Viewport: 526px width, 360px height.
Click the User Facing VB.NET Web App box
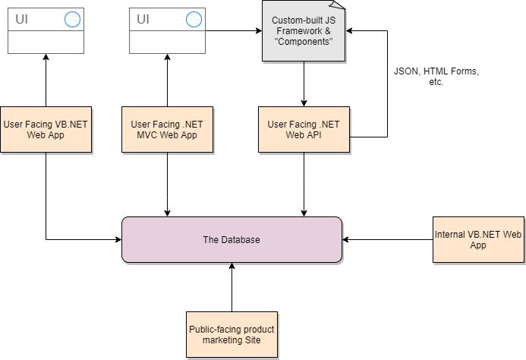pos(46,130)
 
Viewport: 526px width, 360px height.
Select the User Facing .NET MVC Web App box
pos(168,130)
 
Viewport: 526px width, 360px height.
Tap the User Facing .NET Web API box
pos(304,130)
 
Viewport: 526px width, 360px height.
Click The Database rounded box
pos(232,239)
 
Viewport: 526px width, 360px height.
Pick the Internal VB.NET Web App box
pos(478,239)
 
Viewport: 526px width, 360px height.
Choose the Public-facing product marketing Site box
pos(232,334)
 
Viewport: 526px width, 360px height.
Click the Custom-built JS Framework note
pos(304,31)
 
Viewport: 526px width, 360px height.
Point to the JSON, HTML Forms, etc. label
pos(436,76)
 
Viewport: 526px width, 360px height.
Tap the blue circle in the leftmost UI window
pos(72,19)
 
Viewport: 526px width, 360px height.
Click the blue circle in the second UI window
pos(194,19)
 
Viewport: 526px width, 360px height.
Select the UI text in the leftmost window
pos(21,19)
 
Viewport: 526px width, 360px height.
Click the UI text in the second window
pos(143,19)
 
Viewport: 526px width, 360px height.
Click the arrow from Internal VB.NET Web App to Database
pos(387,239)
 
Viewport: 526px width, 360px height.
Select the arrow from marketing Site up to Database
pos(232,287)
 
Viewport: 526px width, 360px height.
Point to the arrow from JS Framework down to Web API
pos(304,84)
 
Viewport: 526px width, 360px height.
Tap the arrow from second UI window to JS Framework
pos(234,31)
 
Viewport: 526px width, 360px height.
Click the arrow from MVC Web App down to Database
pos(168,185)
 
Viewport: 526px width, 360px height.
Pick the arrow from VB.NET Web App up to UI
pos(46,81)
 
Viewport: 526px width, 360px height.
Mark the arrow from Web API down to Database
pos(304,185)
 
